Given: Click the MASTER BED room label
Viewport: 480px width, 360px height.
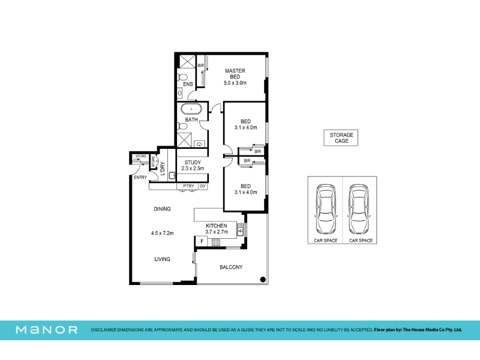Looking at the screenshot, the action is coord(235,73).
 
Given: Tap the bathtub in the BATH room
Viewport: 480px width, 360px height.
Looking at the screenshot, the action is coord(191,109).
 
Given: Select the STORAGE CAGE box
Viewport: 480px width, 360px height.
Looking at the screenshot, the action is coord(341,138).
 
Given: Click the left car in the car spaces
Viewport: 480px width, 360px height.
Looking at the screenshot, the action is coord(326,209).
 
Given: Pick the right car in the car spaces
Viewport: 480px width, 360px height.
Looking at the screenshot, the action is coord(359,209).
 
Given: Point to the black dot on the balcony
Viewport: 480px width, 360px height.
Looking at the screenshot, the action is coord(263,279).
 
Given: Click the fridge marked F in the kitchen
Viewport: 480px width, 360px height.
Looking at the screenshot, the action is coord(202,242).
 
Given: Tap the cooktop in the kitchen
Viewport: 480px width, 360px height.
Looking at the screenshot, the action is coord(216,243).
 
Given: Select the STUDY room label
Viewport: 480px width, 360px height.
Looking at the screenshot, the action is coord(193,162).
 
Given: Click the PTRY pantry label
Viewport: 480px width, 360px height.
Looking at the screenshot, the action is coord(188,186).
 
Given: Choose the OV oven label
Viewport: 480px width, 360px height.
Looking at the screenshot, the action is coord(203,186).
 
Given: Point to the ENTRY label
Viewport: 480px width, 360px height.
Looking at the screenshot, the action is coord(140,177).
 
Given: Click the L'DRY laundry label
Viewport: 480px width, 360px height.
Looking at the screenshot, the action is coord(163,169).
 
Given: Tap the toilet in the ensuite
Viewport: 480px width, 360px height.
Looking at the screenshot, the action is coord(182,77).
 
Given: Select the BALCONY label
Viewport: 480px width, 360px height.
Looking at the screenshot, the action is coord(231,267).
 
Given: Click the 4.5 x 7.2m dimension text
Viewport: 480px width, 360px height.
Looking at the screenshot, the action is coord(162,233).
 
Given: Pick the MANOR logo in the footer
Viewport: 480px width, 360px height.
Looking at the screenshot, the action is coord(47,329).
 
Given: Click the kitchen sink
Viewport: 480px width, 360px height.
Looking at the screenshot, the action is coord(241,230).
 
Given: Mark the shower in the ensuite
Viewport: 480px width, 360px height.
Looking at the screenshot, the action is coord(187,62).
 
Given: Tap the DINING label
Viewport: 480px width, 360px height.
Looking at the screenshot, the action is coord(162,209).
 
